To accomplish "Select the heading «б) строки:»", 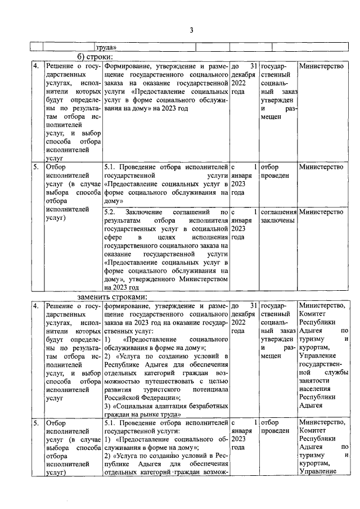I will (x=96, y=57).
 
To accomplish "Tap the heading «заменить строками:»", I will (x=112, y=296).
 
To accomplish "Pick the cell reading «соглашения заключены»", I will (x=279, y=216).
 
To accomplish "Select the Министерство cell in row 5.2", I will (x=321, y=212).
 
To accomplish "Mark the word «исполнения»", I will (x=209, y=237).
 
